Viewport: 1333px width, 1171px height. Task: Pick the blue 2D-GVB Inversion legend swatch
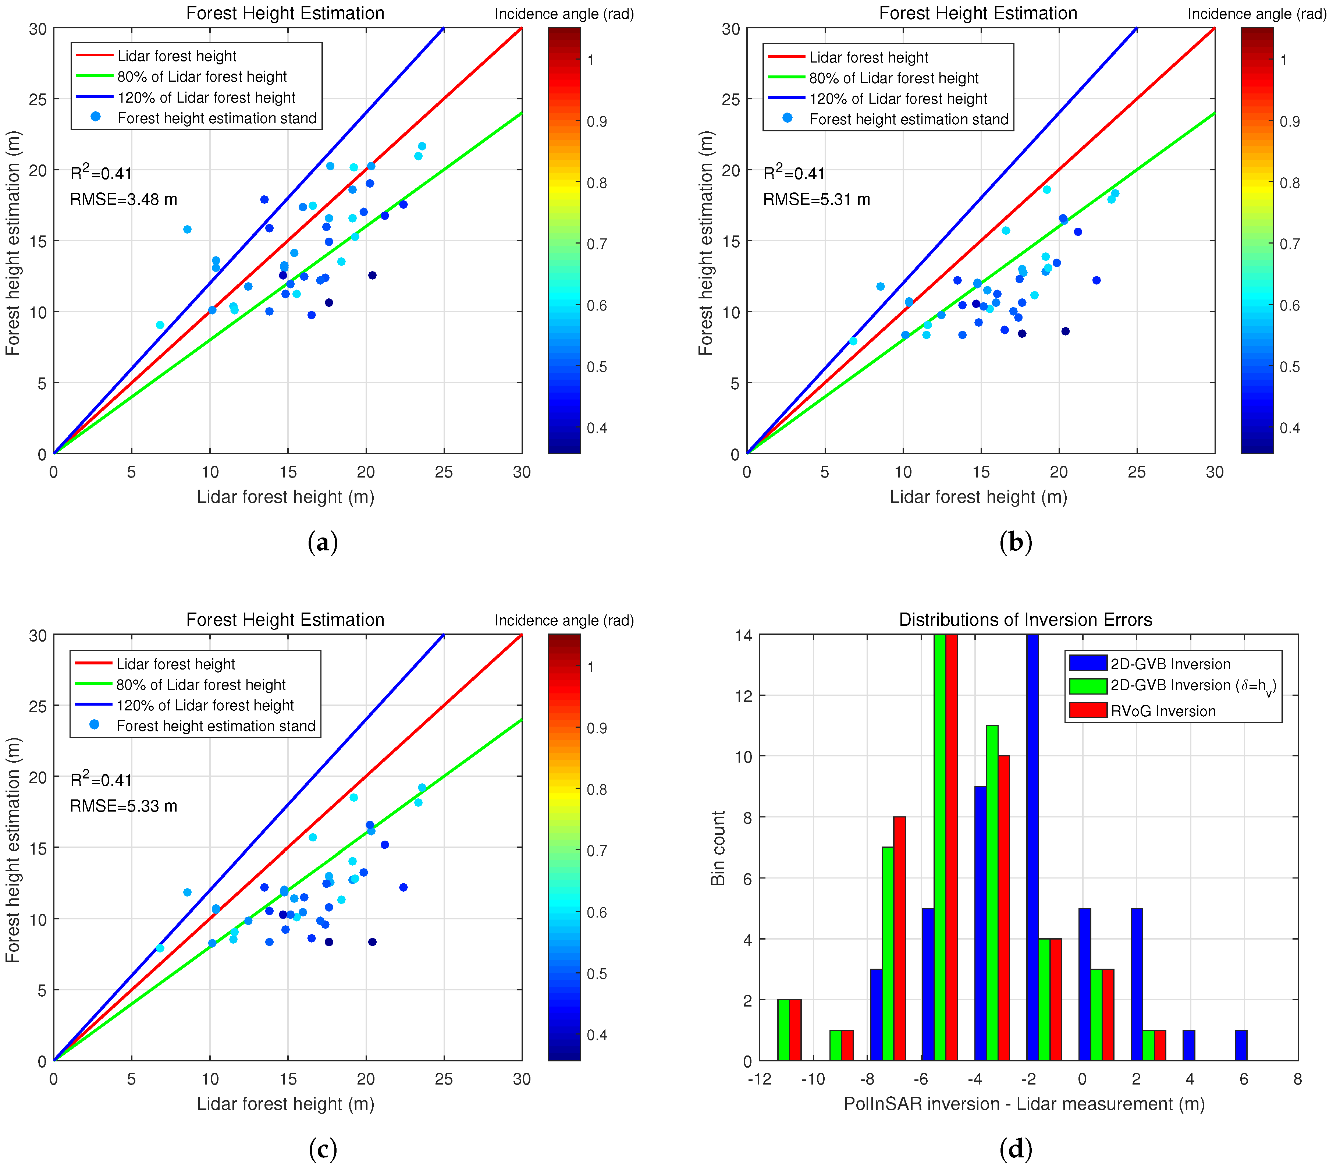1088,663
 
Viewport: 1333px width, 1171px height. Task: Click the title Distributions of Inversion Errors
1025,620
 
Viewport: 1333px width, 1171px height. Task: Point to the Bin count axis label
718,848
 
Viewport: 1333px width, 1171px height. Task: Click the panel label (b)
1016,542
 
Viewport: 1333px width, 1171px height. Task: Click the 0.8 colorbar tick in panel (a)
596,183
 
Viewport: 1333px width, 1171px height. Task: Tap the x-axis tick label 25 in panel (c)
444,1079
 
